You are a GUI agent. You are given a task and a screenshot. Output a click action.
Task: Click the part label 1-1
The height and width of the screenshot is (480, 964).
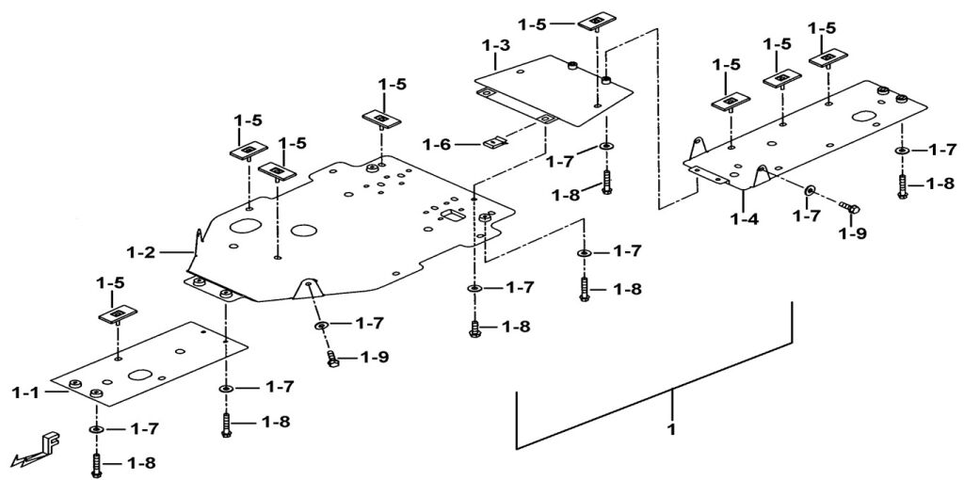tap(28, 390)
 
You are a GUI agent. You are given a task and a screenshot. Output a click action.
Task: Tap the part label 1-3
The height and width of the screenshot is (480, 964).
tap(496, 45)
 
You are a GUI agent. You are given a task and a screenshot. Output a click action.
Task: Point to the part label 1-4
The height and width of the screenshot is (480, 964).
tap(744, 221)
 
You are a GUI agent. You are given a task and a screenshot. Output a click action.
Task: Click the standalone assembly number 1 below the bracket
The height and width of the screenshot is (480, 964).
tap(671, 429)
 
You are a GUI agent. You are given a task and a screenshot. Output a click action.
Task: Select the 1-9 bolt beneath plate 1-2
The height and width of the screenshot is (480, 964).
tap(332, 359)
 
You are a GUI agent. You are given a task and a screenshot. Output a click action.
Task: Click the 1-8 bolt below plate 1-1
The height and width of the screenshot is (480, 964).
tap(96, 462)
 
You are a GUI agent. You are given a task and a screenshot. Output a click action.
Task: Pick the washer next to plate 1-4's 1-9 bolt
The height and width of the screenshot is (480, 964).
tap(810, 191)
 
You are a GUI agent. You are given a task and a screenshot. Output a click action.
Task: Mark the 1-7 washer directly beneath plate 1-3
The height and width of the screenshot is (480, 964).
tap(603, 147)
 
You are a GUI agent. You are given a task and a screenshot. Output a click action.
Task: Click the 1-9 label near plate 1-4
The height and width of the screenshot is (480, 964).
tap(854, 232)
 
